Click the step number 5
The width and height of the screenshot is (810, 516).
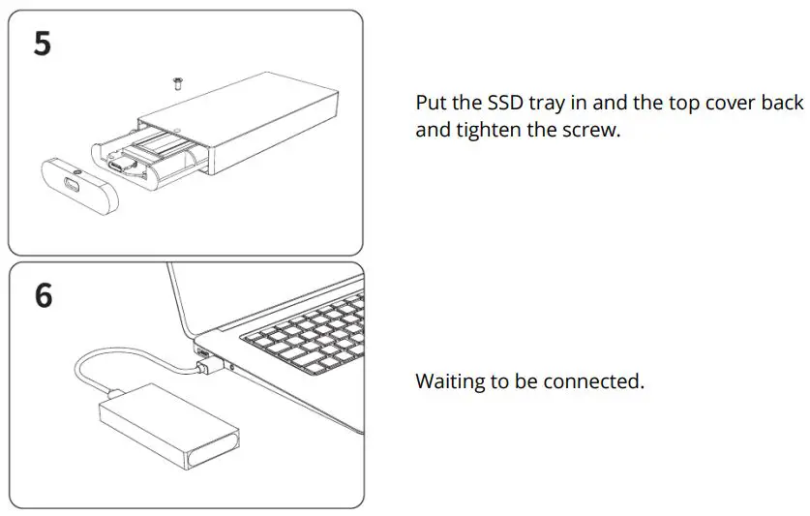coord(42,45)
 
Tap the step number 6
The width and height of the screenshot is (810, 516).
coord(44,295)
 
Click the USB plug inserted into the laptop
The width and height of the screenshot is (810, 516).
coord(205,366)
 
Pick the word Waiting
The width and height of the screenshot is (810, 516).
coord(450,381)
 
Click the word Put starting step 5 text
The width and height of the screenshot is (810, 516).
coord(431,103)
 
